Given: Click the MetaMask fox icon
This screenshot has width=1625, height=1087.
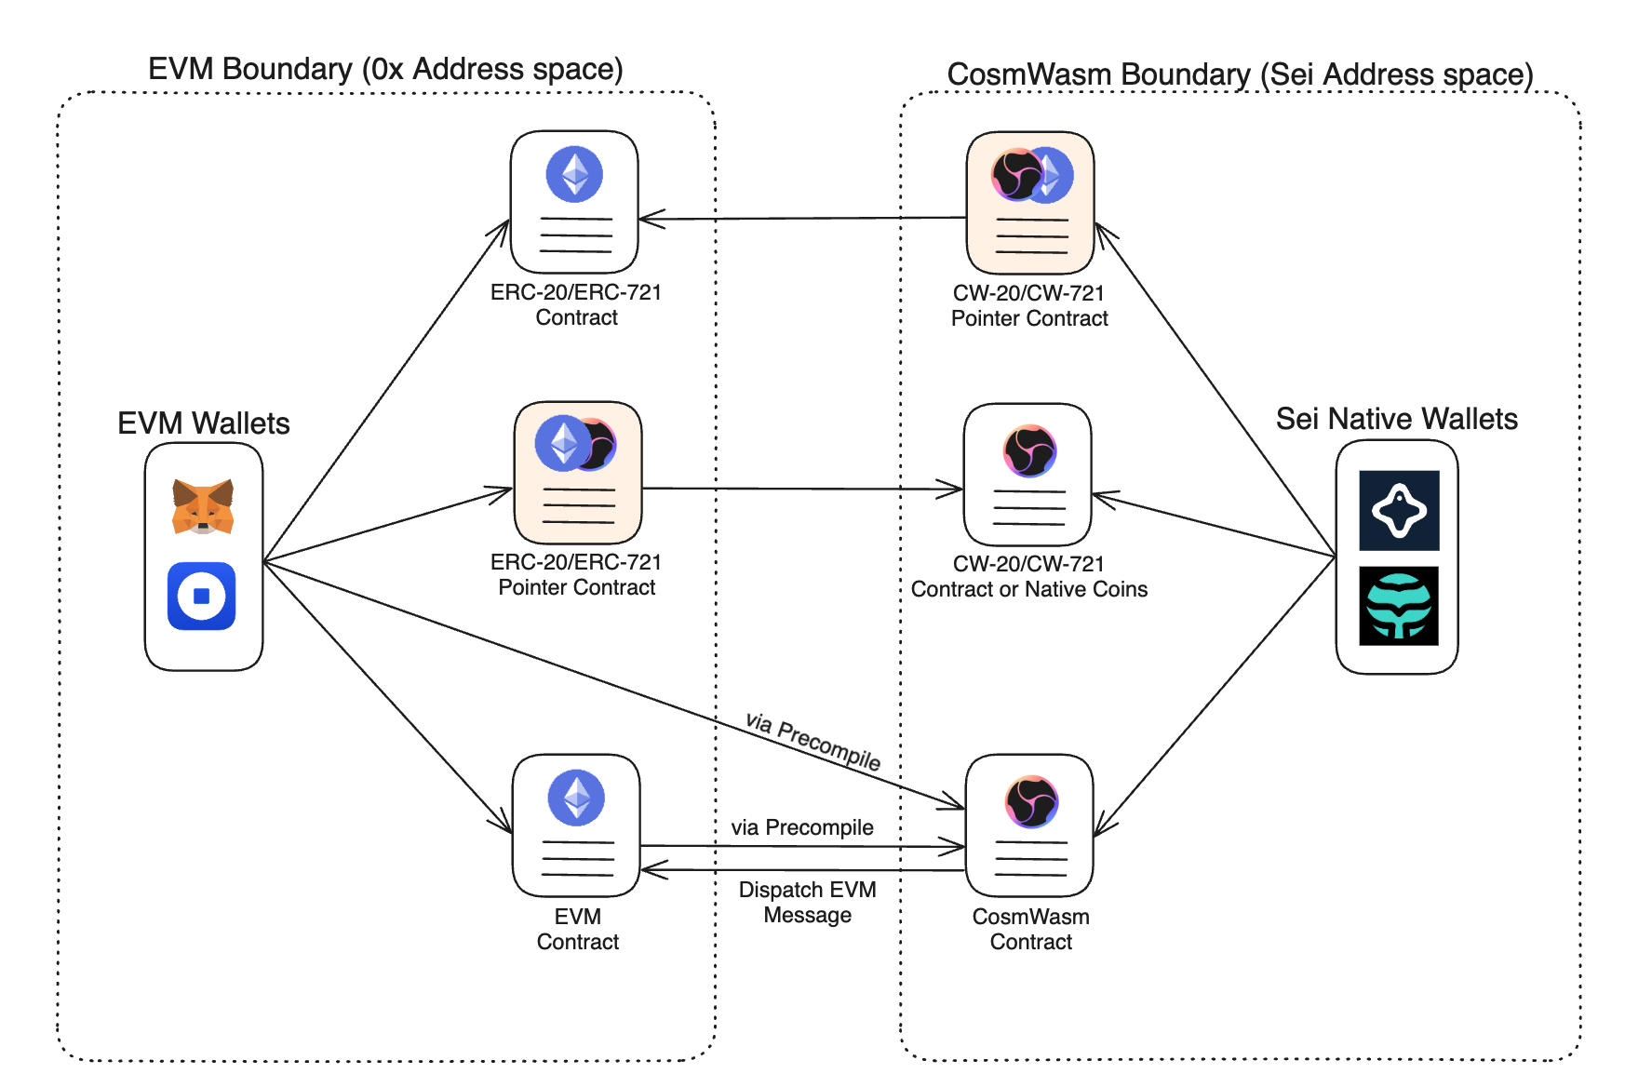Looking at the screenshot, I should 203,506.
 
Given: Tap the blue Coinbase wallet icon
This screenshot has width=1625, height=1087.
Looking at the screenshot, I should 202,596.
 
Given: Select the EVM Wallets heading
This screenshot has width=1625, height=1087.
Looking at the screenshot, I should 203,423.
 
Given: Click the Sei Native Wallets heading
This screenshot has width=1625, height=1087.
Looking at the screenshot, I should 1396,419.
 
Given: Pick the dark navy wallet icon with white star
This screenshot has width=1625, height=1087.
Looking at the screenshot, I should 1399,511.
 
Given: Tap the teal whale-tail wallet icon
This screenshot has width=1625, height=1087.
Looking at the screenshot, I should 1399,606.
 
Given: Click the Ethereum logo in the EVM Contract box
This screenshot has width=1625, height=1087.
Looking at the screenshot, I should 576,798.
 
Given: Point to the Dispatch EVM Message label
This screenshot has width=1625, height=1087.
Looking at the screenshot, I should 807,902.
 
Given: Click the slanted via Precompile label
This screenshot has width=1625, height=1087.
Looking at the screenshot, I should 812,741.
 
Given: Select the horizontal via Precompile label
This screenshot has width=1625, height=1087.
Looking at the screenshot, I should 801,827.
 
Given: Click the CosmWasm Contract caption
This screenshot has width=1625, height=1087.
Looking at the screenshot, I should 1030,929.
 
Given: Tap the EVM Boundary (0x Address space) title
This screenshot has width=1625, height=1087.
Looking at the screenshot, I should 385,69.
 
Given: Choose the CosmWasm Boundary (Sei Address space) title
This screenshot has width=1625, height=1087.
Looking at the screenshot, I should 1240,74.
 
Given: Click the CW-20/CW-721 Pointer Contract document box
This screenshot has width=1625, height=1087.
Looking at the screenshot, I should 1029,202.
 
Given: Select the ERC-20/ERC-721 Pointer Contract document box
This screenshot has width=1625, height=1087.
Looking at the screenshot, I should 578,473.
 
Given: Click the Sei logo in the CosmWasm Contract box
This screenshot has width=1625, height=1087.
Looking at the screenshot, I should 1031,801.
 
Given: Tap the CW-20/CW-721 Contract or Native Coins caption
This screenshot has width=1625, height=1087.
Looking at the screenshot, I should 1028,576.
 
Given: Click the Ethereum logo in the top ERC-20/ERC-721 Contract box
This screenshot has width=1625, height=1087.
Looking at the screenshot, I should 574,174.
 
